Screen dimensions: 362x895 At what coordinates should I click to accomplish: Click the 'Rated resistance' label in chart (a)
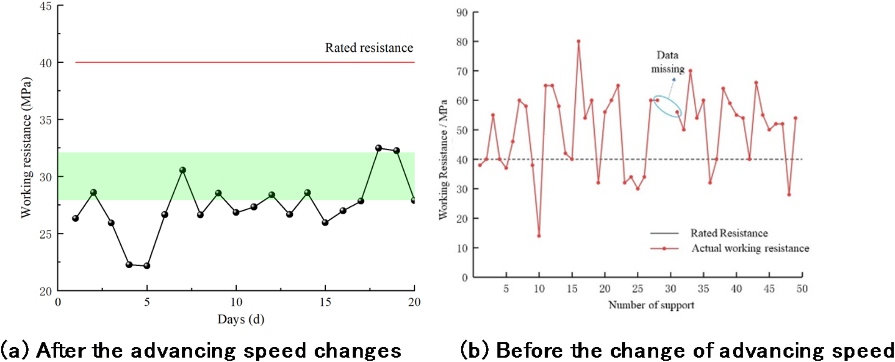pyautogui.click(x=369, y=48)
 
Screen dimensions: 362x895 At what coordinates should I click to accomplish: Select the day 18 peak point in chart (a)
pyautogui.click(x=379, y=148)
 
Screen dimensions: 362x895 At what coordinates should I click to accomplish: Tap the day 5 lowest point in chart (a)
pyautogui.click(x=147, y=266)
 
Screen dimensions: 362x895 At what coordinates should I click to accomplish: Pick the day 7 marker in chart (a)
pyautogui.click(x=182, y=170)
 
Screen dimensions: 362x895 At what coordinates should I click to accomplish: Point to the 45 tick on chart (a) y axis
pyautogui.click(x=45, y=6)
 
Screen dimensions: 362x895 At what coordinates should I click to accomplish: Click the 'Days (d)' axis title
pyautogui.click(x=241, y=319)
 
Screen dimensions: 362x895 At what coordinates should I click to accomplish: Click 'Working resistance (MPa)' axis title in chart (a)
pyautogui.click(x=27, y=147)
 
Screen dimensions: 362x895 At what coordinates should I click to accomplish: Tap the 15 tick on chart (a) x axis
pyautogui.click(x=325, y=302)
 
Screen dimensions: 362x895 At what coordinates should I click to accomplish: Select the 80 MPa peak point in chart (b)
pyautogui.click(x=579, y=41)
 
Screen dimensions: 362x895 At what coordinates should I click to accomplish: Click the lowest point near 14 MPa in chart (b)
pyautogui.click(x=539, y=236)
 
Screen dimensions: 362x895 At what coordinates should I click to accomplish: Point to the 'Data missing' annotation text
pyautogui.click(x=667, y=62)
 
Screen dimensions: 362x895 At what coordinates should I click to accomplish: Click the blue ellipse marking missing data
pyautogui.click(x=667, y=106)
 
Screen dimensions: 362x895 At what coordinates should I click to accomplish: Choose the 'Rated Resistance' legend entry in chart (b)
pyautogui.click(x=729, y=233)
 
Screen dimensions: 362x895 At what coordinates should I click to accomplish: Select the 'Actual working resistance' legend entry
pyautogui.click(x=750, y=248)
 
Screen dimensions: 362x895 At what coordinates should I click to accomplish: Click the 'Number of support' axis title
pyautogui.click(x=651, y=305)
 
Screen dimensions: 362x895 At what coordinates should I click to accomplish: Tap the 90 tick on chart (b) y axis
pyautogui.click(x=462, y=12)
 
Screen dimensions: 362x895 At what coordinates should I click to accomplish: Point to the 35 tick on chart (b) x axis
pyautogui.click(x=703, y=289)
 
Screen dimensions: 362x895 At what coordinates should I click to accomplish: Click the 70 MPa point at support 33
pyautogui.click(x=690, y=71)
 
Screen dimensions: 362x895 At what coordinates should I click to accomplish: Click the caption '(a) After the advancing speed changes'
pyautogui.click(x=201, y=351)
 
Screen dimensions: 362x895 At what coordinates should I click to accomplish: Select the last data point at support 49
pyautogui.click(x=795, y=118)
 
